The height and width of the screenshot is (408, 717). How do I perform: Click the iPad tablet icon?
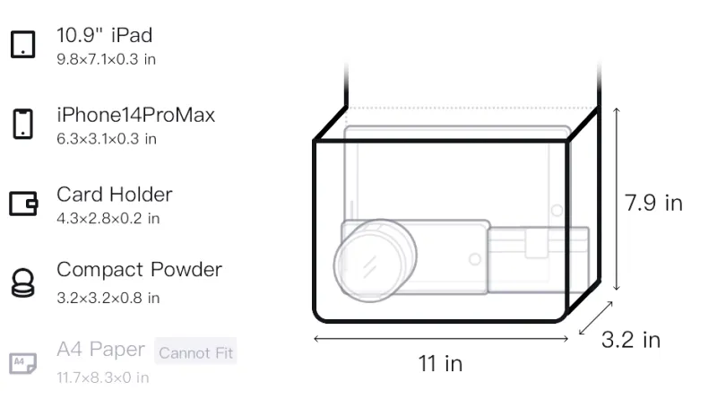23,44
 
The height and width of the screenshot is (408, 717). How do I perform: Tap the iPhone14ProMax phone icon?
23,124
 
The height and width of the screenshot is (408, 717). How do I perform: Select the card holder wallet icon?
23,203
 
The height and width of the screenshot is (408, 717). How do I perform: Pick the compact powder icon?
23,283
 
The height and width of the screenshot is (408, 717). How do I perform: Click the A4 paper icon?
23,363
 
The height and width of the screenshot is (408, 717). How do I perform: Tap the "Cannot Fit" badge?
195,352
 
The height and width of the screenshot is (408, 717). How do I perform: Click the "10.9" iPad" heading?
104,35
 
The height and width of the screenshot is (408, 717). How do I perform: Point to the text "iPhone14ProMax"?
136,115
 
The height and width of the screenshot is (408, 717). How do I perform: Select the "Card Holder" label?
115,195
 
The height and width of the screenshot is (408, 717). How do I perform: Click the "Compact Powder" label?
140,269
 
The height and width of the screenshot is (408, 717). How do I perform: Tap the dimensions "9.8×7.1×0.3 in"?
106,59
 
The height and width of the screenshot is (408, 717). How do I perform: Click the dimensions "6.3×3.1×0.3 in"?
107,139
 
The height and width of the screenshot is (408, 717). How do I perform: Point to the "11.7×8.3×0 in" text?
103,378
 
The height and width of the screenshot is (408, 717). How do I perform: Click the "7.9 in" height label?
654,203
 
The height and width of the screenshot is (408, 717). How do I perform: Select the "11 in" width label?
440,364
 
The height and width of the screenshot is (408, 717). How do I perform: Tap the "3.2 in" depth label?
631,340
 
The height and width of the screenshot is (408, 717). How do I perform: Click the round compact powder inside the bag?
376,261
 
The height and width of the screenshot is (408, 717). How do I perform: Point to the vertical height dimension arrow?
617,199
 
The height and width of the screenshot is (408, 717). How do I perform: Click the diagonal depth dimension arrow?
595,318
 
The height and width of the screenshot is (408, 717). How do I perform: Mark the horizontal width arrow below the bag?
441,338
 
